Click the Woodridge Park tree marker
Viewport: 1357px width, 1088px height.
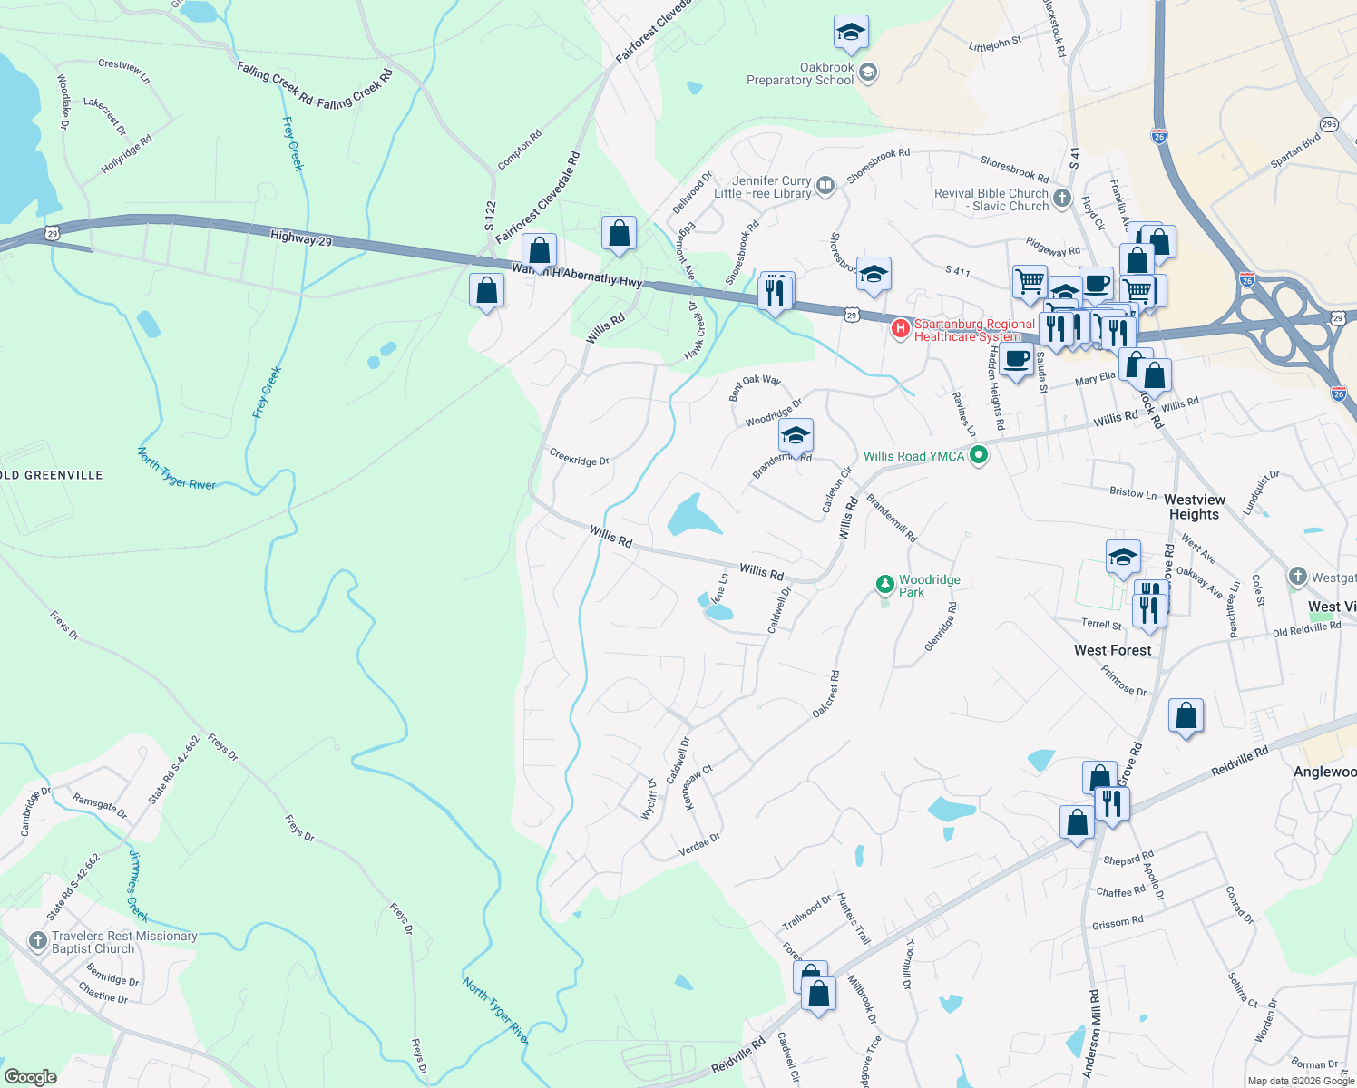coord(884,585)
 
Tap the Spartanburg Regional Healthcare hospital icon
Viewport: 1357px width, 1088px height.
coord(901,328)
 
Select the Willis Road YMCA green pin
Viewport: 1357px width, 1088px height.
coord(978,455)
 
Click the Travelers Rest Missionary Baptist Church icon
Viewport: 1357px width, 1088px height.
coord(38,941)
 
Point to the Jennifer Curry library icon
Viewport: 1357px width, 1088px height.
coord(825,186)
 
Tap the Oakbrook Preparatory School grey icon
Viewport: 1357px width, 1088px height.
coord(868,73)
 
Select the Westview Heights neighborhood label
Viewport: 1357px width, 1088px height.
coord(1195,507)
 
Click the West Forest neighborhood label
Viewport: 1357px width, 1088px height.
coord(1112,650)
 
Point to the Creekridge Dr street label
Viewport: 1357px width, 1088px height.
coord(579,457)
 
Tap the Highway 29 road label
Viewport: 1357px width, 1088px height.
coord(301,238)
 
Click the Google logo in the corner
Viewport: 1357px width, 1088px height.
coord(30,1076)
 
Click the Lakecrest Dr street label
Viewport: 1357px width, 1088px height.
coord(104,115)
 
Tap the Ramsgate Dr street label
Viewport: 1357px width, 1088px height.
coord(100,807)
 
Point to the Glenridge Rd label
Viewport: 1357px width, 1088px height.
coord(941,627)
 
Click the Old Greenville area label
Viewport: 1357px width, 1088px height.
coord(52,475)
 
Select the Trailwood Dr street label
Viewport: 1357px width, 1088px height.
coord(806,913)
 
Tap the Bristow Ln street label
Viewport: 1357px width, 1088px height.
coord(1133,492)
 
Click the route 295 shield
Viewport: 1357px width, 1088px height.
coord(1329,124)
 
